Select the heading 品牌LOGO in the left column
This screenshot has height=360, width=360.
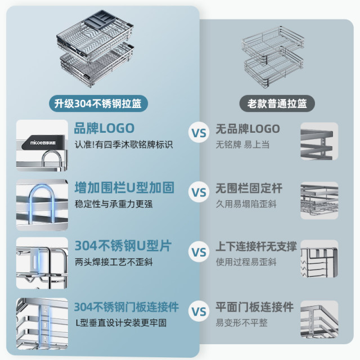[105, 128]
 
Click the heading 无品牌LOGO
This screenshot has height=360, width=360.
[248, 128]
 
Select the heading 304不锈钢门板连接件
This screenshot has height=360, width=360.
[127, 307]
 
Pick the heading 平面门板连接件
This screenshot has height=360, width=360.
[255, 307]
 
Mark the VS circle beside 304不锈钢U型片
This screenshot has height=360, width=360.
[199, 251]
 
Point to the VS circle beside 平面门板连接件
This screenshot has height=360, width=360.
[199, 310]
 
